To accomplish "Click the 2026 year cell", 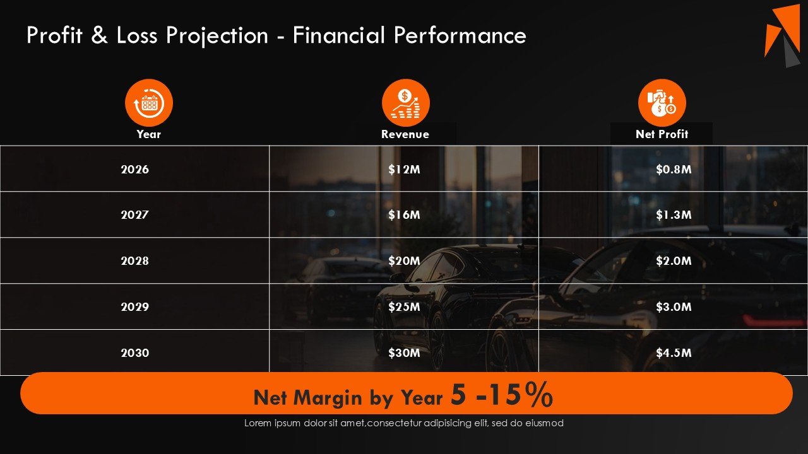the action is tap(134, 169).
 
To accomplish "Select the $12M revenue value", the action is tap(404, 169).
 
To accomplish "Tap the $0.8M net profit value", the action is tap(674, 169).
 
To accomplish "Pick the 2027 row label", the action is tap(134, 215).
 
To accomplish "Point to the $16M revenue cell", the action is tap(404, 215).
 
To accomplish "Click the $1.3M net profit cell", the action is tap(674, 215).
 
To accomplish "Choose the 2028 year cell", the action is tap(134, 260).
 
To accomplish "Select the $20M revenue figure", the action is tap(404, 260).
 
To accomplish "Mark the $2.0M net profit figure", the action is tap(674, 260).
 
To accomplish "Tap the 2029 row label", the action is tap(134, 306).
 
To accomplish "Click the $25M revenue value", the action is tap(404, 306).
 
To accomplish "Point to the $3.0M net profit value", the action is tap(674, 306).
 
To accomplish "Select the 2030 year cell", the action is tap(134, 352).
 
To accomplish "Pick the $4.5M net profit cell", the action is tap(674, 352).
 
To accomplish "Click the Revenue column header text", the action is tap(405, 134).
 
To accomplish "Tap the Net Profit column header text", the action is tap(662, 134).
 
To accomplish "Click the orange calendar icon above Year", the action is tap(149, 103).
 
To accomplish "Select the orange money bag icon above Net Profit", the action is tap(662, 103).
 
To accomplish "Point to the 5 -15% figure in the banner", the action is tap(502, 395).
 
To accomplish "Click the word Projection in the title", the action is tap(217, 36).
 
